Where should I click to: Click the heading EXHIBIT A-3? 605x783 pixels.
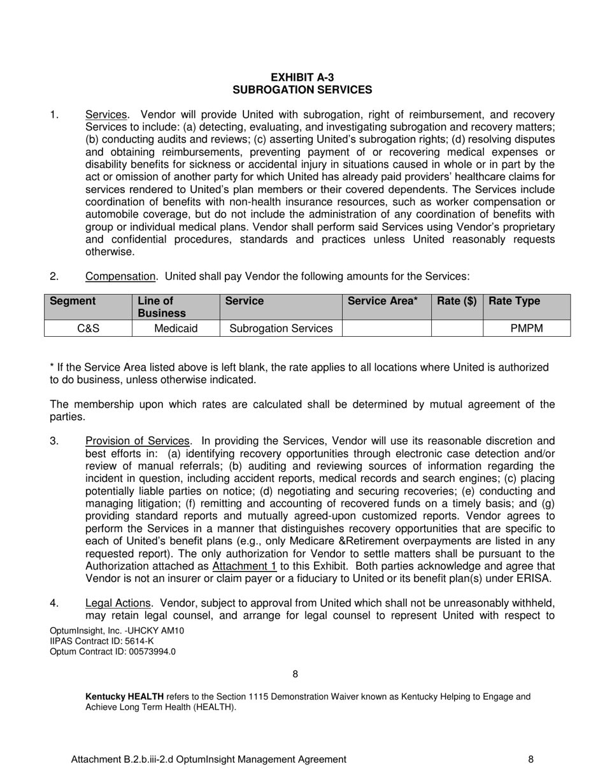click(x=302, y=78)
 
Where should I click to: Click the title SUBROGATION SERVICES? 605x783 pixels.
click(x=302, y=90)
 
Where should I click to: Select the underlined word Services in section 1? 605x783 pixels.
click(x=106, y=115)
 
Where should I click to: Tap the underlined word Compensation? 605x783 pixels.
click(x=120, y=276)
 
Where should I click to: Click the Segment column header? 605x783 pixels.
click(x=73, y=301)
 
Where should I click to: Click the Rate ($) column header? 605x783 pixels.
click(x=457, y=301)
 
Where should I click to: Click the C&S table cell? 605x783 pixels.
click(x=88, y=328)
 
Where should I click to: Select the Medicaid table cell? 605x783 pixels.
click(x=175, y=328)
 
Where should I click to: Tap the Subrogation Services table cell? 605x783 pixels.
click(x=281, y=328)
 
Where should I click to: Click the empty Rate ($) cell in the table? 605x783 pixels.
click(x=457, y=328)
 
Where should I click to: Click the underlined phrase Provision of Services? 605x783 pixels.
click(x=138, y=441)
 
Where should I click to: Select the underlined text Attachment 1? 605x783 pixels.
click(x=244, y=567)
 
